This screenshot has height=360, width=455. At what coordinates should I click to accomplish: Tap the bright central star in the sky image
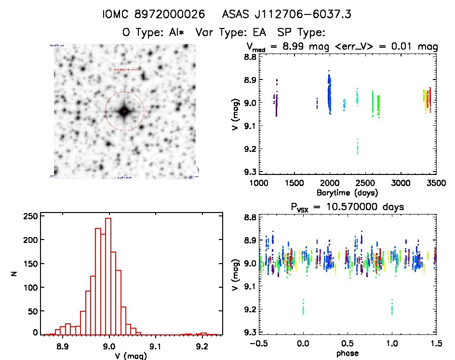coord(124,111)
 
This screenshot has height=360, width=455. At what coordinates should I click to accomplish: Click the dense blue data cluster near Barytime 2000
coord(330,94)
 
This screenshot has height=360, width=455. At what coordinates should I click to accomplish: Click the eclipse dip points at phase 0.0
coord(303,307)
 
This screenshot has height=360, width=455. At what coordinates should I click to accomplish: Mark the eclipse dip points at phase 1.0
coord(392,307)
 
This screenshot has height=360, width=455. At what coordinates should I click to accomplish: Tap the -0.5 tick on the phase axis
coord(259,344)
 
